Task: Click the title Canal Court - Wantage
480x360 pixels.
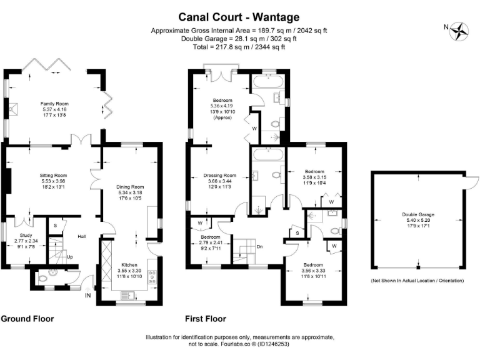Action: [239, 17]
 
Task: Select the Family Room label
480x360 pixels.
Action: [54, 103]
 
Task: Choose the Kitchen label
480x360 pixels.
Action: [129, 265]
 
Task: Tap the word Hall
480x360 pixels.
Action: [81, 236]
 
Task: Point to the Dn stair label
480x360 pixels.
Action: [259, 246]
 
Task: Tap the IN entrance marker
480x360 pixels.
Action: [88, 296]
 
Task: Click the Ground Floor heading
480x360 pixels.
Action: [27, 319]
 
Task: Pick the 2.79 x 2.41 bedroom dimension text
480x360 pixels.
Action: [211, 243]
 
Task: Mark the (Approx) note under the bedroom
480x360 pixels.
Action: [222, 117]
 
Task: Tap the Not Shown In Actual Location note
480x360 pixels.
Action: [417, 281]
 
